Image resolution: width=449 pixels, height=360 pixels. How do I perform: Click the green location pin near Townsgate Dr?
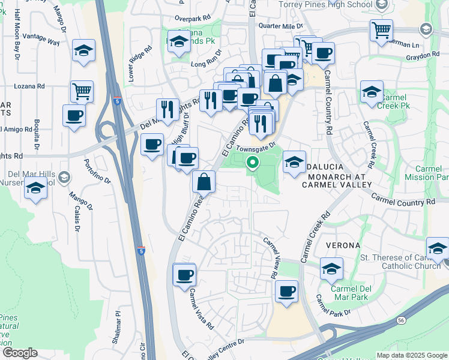pyautogui.click(x=253, y=161)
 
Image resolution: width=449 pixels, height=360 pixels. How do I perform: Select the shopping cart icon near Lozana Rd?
pyautogui.click(x=82, y=92)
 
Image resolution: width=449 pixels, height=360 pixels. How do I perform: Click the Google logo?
pyautogui.click(x=20, y=353)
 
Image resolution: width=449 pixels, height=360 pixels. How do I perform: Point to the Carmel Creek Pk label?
pyautogui.click(x=394, y=101)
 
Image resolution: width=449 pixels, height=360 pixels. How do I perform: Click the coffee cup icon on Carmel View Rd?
pyautogui.click(x=286, y=292)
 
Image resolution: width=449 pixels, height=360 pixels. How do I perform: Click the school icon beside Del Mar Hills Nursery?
pyautogui.click(x=36, y=188)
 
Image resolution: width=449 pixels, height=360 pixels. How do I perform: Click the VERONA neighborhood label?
pyautogui.click(x=343, y=246)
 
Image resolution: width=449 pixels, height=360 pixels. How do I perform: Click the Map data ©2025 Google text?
pyautogui.click(x=412, y=355)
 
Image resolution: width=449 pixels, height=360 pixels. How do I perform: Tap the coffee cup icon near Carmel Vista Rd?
pyautogui.click(x=184, y=275)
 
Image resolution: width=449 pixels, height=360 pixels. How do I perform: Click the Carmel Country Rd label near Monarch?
pyautogui.click(x=403, y=199)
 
